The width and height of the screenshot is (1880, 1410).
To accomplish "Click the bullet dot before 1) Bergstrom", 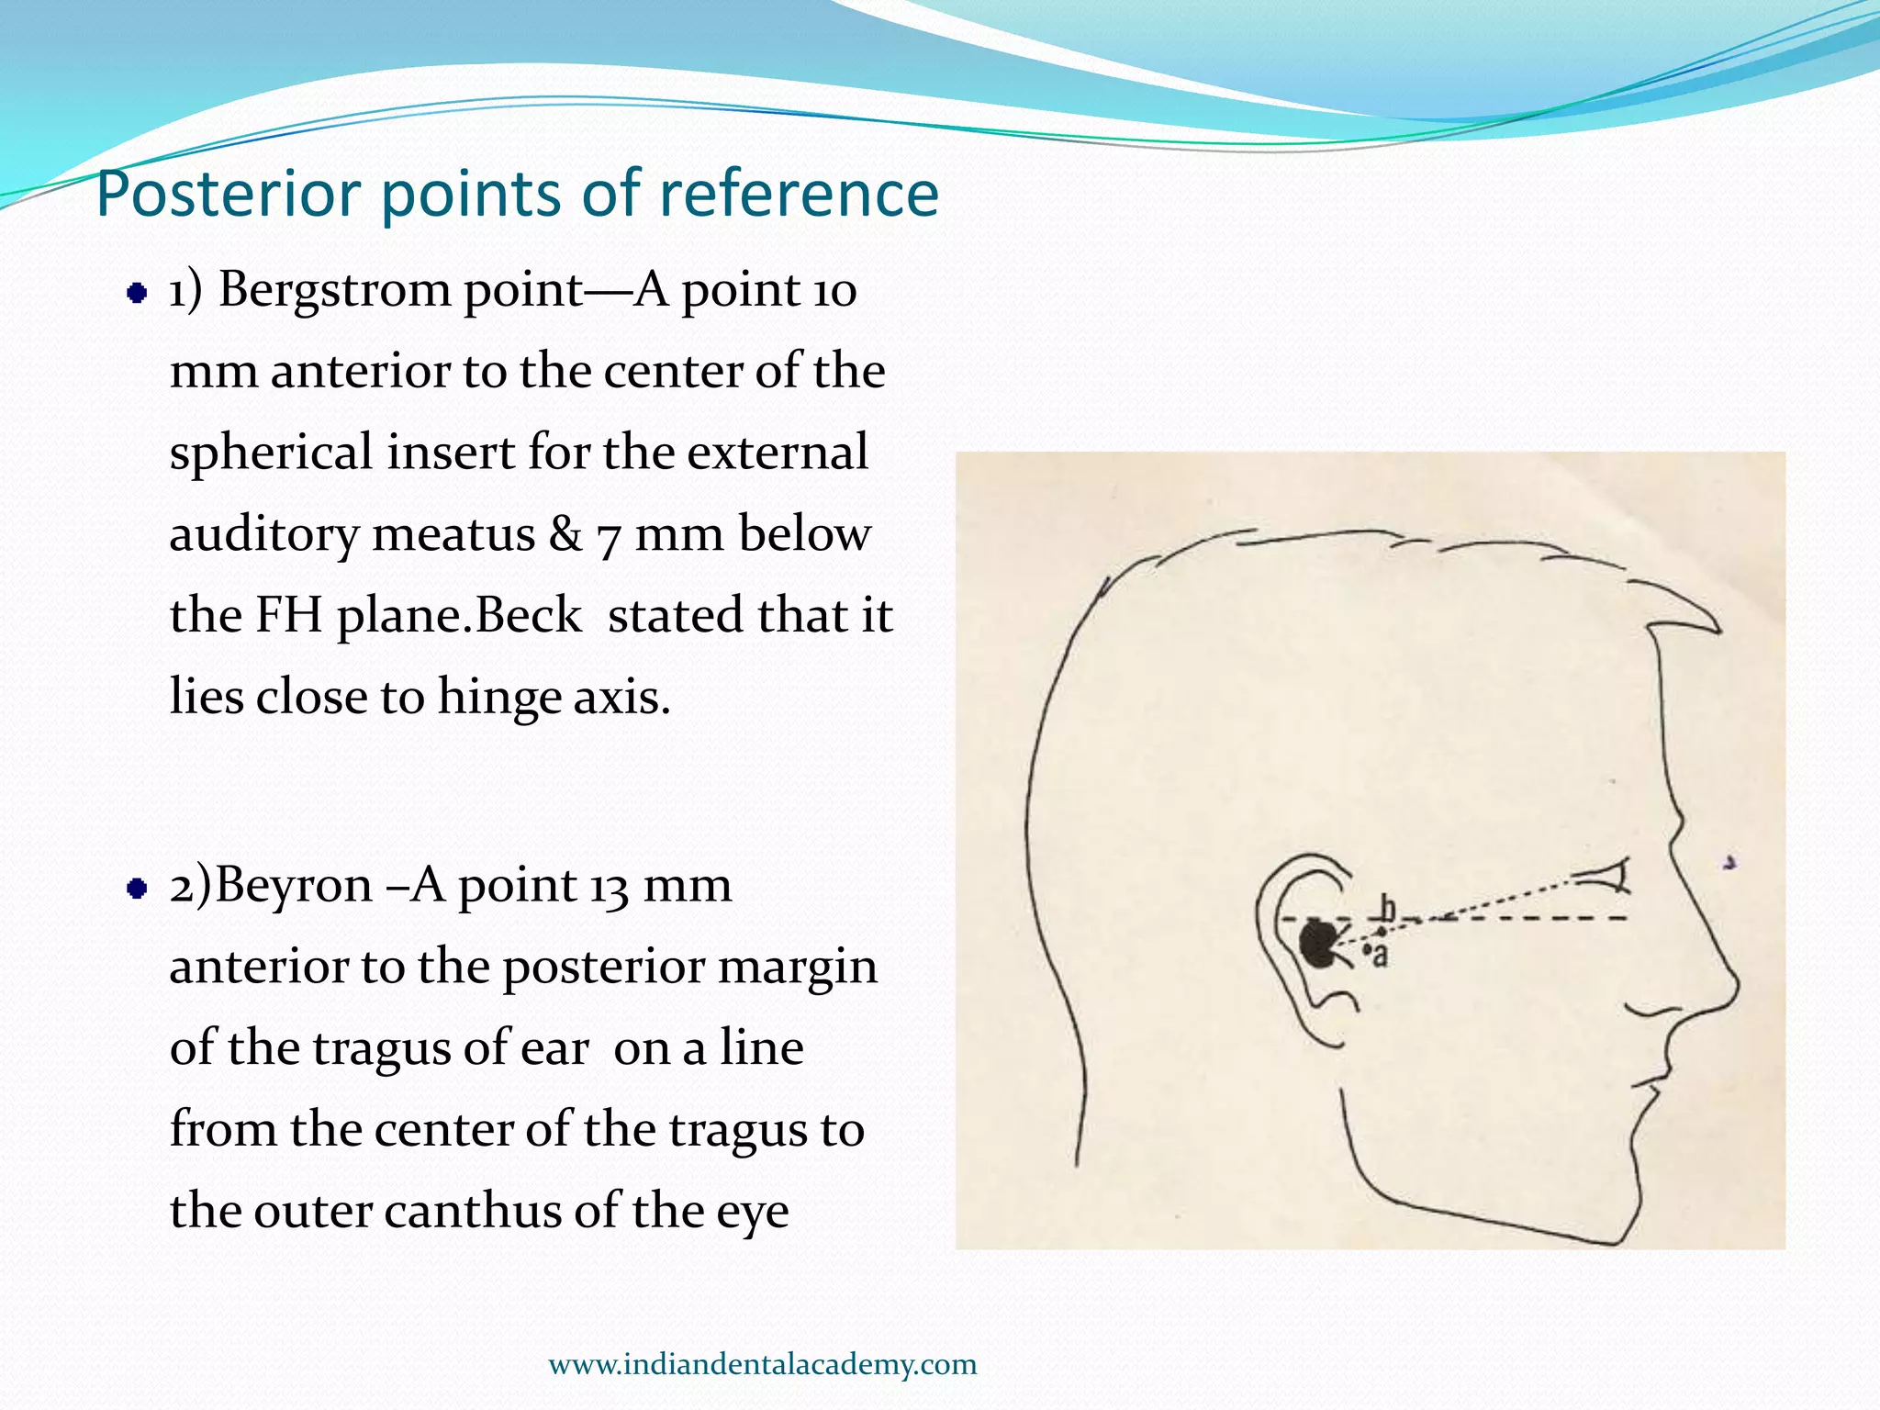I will (x=137, y=294).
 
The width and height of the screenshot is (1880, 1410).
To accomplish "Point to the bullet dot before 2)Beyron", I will (x=137, y=889).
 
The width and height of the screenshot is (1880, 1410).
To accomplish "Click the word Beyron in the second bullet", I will (x=294, y=887).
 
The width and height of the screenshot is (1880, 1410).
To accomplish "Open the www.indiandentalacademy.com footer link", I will (x=762, y=1364).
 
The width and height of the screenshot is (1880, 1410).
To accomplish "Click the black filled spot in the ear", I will (x=1319, y=944).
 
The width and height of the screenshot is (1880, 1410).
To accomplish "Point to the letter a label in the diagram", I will (x=1380, y=956).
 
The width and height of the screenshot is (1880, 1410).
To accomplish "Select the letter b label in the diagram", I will (x=1388, y=909).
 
